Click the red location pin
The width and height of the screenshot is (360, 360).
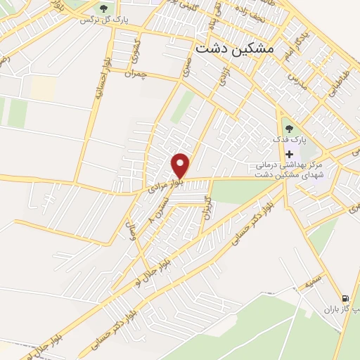click(181, 165)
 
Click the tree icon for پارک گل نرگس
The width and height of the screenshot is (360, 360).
click(104, 9)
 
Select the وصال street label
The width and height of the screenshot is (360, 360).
click(130, 227)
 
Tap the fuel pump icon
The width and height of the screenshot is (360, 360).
click(345, 298)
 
